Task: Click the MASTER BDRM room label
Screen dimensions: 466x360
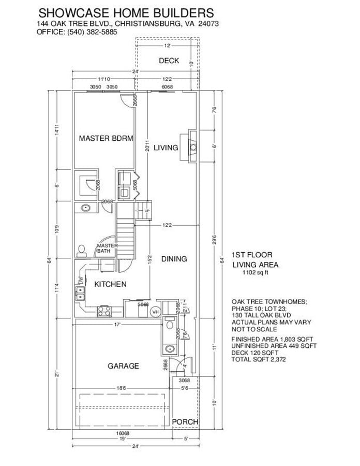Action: (106, 138)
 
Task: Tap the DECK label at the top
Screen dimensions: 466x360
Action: (169, 61)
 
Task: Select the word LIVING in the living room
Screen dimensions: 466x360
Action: (166, 148)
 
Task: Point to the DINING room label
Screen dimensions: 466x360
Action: (173, 259)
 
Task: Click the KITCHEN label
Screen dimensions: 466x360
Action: (110, 284)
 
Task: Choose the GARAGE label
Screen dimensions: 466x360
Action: (123, 366)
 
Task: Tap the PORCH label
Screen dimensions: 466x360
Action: (185, 422)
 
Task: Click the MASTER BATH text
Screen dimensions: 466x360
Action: (108, 249)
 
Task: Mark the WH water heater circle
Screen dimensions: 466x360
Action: (154, 312)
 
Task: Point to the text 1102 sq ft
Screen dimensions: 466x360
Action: (256, 273)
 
